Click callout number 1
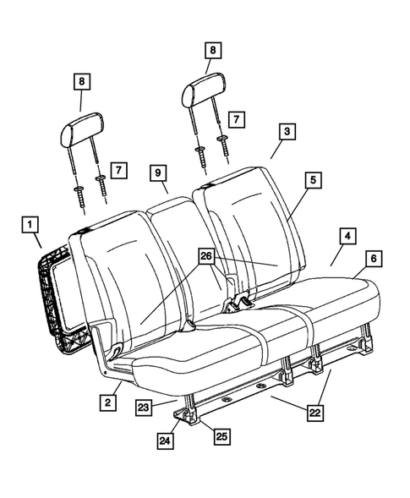[x=30, y=225]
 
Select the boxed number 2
[x=107, y=404]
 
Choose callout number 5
[x=314, y=180]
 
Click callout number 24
[x=166, y=441]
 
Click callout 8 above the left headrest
[x=81, y=82]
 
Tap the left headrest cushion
[x=79, y=131]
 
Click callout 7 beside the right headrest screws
[x=238, y=119]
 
